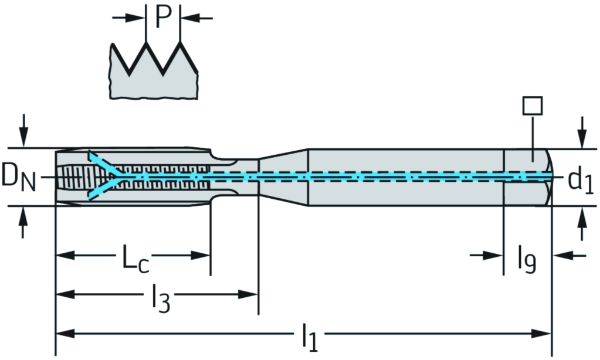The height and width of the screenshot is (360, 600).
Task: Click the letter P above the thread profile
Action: coord(162,18)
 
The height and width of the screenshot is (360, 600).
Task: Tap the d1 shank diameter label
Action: coord(580,181)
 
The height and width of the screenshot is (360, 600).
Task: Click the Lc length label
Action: coord(135,259)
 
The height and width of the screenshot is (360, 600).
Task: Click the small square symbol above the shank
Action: coord(532,106)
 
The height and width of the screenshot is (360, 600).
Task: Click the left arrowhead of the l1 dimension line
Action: coord(62,334)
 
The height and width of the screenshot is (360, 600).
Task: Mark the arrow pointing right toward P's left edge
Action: coord(137,18)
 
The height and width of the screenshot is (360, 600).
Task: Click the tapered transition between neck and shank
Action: coord(283,176)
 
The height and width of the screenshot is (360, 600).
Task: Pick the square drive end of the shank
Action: coord(528,176)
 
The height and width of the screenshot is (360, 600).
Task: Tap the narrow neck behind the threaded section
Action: coord(235,176)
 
